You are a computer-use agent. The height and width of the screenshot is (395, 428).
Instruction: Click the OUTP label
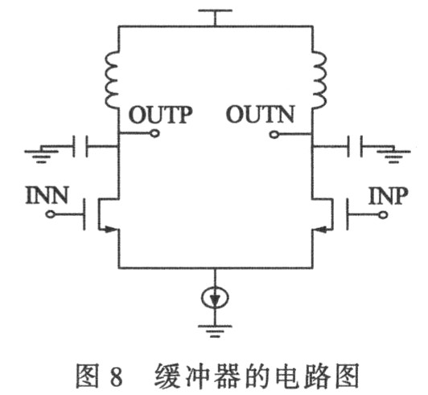click(161, 116)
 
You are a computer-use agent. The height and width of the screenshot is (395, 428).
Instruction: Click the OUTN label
click(260, 115)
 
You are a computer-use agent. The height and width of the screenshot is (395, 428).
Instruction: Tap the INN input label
click(47, 195)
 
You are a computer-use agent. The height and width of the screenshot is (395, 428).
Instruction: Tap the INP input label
click(388, 196)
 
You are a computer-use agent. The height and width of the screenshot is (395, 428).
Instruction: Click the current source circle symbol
click(215, 298)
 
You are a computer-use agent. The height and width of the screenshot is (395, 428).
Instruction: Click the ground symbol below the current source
click(215, 331)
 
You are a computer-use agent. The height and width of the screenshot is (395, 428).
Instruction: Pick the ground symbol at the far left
click(42, 154)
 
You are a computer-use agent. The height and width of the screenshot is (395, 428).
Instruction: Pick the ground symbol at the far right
click(393, 154)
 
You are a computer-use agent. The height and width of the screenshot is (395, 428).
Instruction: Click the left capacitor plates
click(80, 146)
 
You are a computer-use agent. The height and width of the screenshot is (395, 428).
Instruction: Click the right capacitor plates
click(355, 146)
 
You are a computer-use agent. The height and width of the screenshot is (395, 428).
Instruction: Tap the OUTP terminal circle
click(155, 133)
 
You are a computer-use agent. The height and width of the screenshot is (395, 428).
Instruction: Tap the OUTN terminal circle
click(274, 134)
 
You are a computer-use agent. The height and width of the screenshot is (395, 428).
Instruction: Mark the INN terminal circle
click(50, 214)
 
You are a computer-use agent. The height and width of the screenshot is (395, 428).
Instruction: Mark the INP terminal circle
click(383, 215)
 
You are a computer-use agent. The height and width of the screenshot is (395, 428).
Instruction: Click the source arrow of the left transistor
click(109, 230)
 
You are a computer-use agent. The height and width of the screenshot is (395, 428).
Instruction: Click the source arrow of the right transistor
click(321, 230)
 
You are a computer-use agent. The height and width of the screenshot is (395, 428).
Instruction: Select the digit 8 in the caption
click(115, 376)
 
